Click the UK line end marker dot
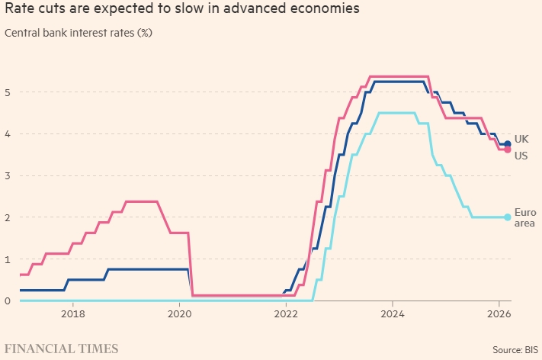point(508,143)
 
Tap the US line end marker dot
point(508,149)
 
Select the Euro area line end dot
point(508,217)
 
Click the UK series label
point(521,139)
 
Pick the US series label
point(521,156)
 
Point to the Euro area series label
point(524,217)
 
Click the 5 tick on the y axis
point(8,92)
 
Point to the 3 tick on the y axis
point(8,175)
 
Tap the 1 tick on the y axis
point(8,259)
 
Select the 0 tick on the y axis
point(8,301)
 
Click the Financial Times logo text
point(62,349)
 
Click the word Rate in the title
point(19,11)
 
